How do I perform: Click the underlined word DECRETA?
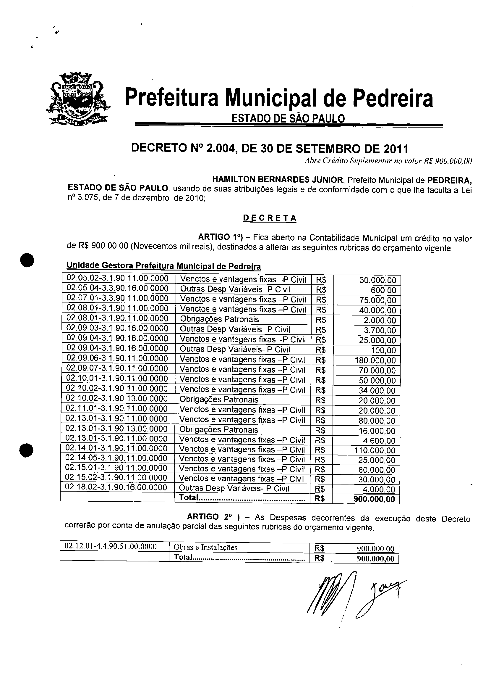coord(270,218)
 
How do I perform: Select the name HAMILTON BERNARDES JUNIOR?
coord(277,179)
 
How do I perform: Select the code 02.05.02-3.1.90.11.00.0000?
coord(117,278)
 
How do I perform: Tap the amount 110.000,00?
coord(375,450)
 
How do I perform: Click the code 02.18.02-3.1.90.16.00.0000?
coord(116,487)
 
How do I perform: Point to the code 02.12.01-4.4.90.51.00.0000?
coord(111,546)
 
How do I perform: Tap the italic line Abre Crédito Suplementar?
coord(388,161)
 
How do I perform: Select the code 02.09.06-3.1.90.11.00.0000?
coord(117,358)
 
